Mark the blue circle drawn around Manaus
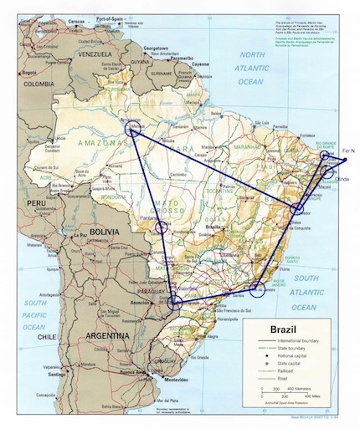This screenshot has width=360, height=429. [133, 127]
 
